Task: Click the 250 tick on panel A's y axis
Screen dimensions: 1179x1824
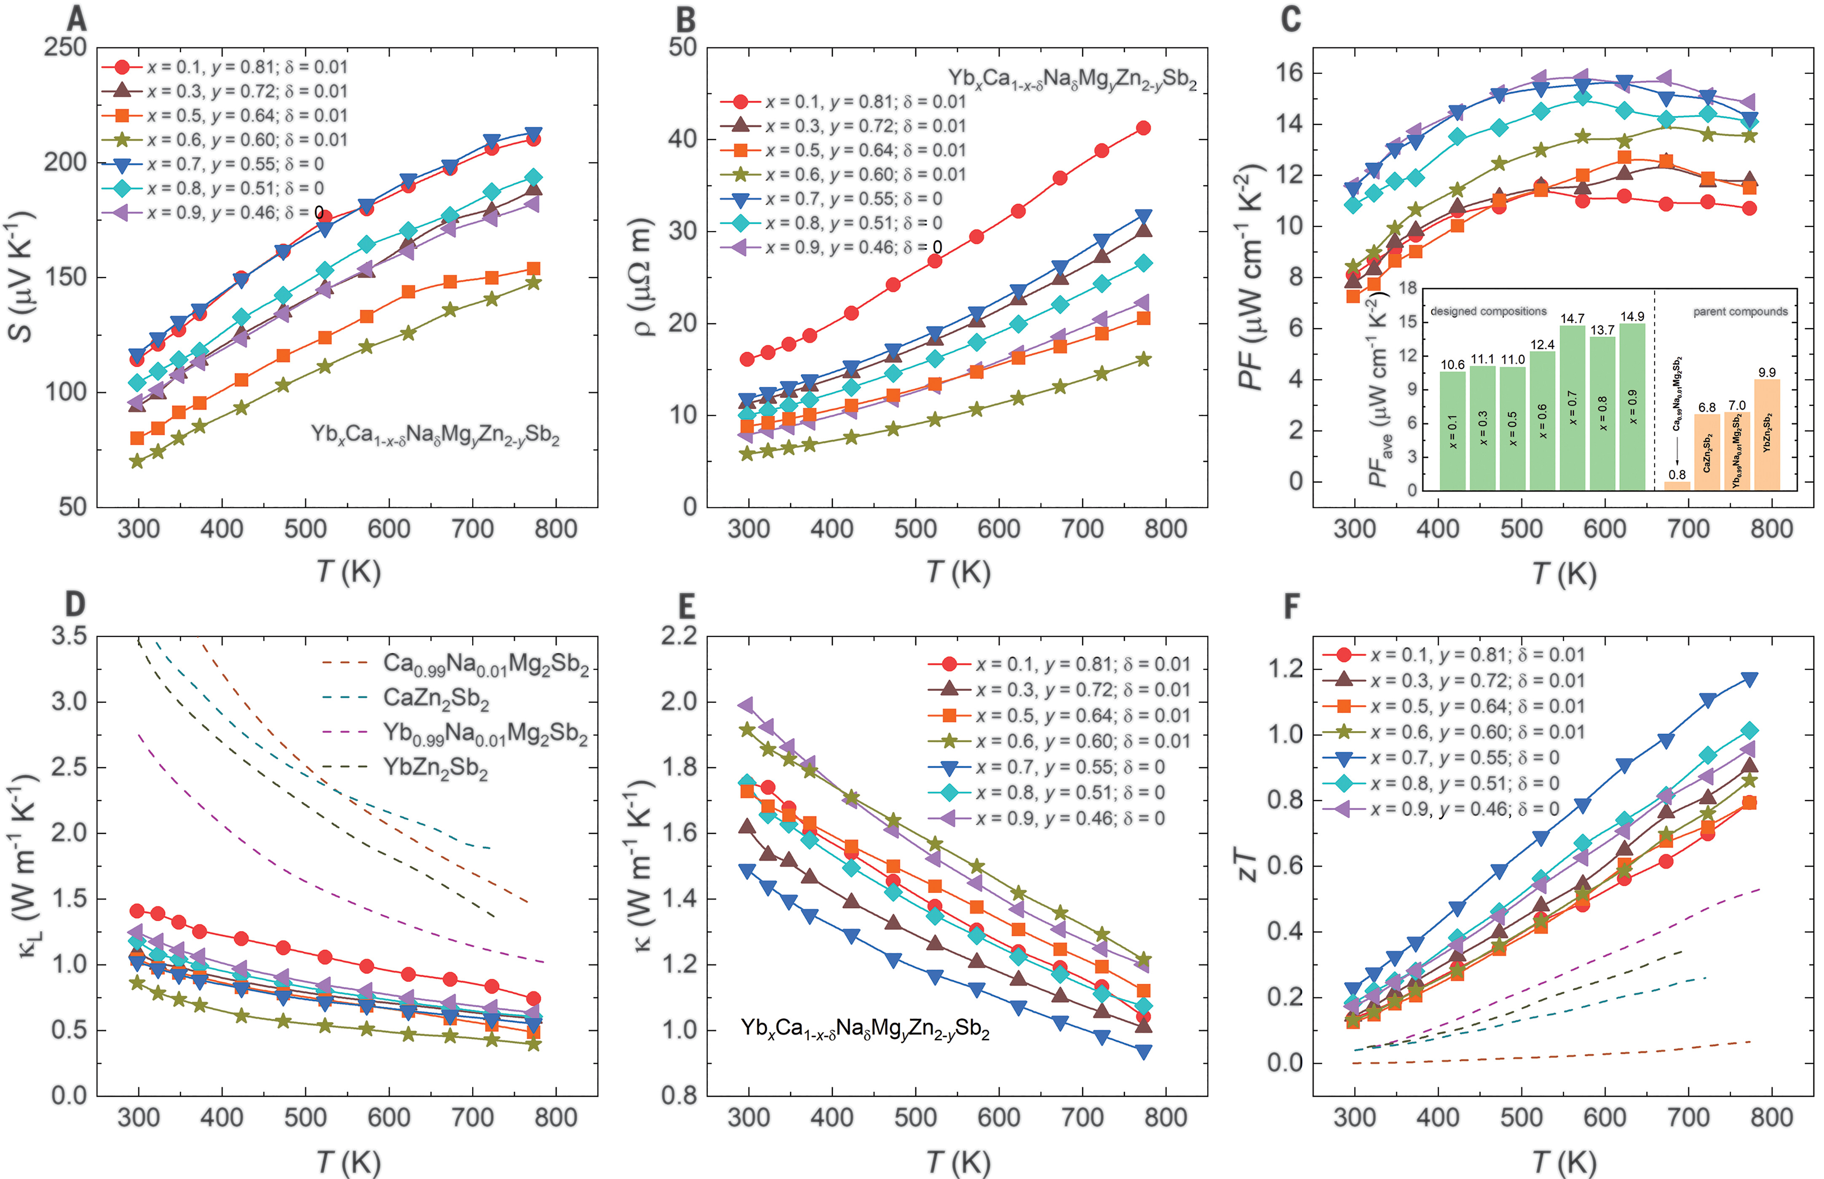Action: pos(64,48)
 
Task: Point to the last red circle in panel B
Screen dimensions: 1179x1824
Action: pos(1143,128)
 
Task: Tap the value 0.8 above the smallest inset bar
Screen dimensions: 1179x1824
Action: pos(1677,474)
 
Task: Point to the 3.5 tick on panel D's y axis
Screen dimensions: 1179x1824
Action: pos(69,636)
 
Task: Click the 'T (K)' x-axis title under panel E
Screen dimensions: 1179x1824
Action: pos(958,1160)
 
